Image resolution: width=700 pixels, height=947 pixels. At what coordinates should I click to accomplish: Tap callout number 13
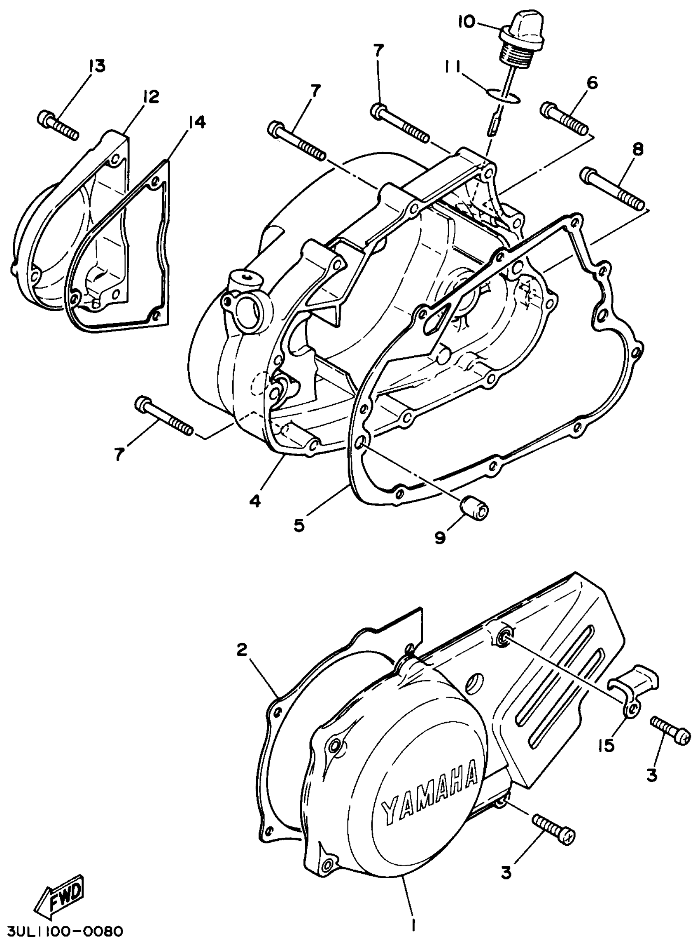97,66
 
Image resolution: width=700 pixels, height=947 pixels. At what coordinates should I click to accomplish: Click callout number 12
150,97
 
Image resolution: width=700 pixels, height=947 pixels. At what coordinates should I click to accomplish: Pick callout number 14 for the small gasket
196,123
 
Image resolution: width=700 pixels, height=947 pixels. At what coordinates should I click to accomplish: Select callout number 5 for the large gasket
299,526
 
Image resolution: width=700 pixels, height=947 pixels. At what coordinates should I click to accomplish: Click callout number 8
638,149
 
